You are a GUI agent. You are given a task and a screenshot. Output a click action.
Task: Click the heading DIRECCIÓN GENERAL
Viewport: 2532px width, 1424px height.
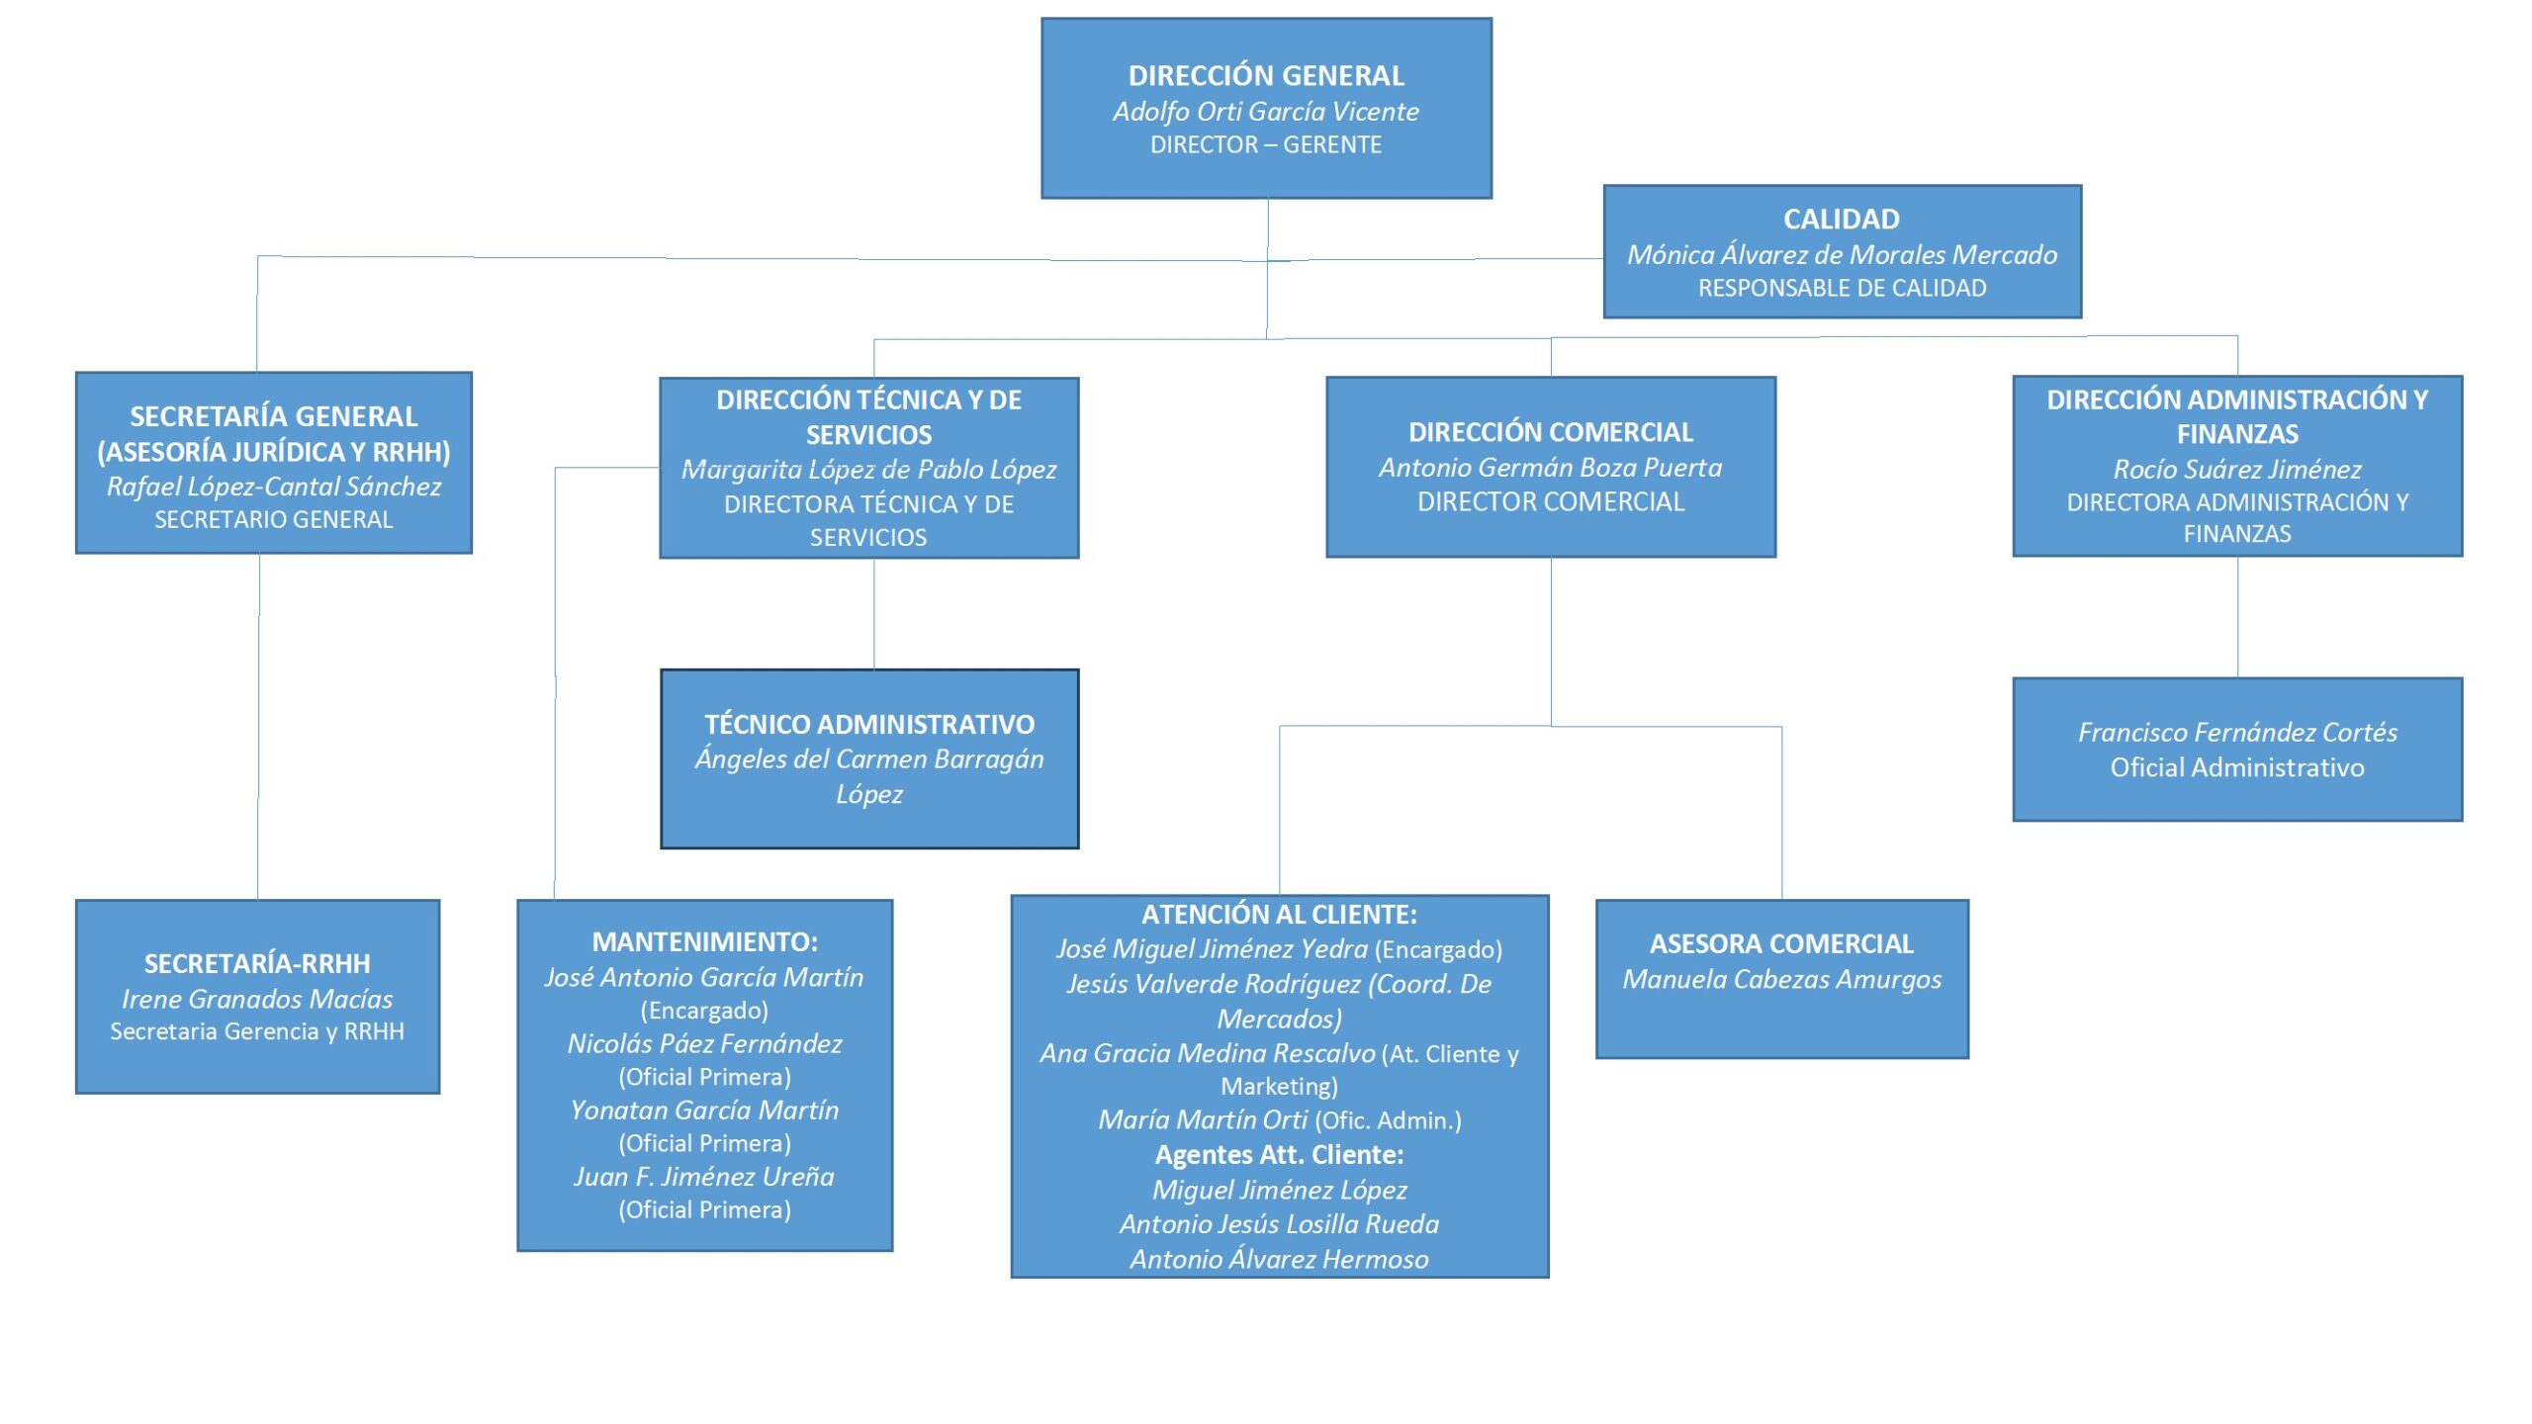[1266, 75]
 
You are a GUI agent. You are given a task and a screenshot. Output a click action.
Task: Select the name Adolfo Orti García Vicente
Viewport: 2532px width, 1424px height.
[1266, 111]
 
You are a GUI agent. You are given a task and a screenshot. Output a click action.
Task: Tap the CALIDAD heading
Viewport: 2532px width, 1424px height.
[1841, 219]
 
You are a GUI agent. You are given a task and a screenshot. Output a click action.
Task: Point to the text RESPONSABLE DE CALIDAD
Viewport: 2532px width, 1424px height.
[1842, 288]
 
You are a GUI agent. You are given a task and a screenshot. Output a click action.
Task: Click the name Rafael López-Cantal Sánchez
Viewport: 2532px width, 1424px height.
[274, 486]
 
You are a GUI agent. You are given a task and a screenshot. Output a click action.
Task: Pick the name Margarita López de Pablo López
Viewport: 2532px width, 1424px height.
[868, 469]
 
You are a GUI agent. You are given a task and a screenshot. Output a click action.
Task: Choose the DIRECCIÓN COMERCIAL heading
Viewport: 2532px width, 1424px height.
[1550, 432]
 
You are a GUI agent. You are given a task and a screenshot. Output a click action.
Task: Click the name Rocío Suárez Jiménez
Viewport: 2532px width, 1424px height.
[2236, 469]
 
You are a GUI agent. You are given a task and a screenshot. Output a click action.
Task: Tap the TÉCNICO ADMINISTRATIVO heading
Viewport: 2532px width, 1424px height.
[869, 724]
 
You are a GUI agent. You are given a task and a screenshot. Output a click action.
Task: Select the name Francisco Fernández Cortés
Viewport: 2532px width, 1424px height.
[2237, 732]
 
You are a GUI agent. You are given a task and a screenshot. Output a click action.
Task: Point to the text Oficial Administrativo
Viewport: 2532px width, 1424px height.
[2237, 767]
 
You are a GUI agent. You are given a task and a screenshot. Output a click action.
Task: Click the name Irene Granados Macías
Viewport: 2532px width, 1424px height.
[257, 999]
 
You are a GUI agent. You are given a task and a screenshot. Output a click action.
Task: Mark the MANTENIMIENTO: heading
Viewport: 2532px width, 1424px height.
[704, 941]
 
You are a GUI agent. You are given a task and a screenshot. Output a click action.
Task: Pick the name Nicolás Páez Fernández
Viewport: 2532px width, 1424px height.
[704, 1043]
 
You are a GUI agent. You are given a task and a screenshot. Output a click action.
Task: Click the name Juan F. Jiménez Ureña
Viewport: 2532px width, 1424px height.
[704, 1176]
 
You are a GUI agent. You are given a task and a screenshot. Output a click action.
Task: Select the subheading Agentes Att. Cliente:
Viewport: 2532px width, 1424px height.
[1279, 1154]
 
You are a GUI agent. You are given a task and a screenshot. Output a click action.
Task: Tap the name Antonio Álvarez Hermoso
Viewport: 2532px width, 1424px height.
[1279, 1259]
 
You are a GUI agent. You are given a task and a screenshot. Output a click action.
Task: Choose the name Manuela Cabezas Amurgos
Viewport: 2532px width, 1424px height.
[1781, 979]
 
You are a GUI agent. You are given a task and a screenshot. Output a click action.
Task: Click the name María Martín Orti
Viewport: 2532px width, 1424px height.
[1203, 1119]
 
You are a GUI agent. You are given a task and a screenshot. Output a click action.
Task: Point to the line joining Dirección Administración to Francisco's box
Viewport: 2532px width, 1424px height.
[2237, 617]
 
